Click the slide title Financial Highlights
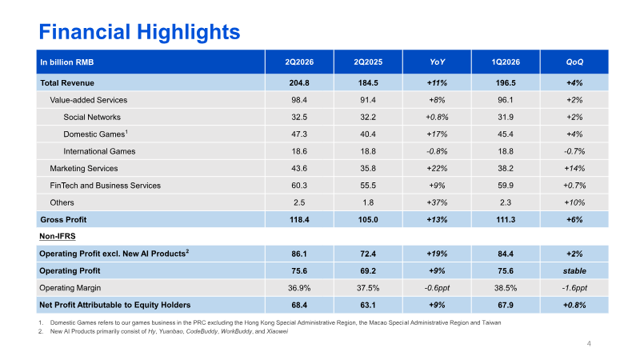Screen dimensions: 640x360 (x=139, y=32)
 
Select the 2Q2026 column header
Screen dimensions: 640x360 (x=299, y=62)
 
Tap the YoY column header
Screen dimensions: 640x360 (x=437, y=62)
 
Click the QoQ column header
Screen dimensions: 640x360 (x=574, y=62)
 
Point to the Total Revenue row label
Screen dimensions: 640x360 (x=67, y=83)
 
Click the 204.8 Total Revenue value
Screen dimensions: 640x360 (x=299, y=83)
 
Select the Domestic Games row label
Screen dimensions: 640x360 (x=95, y=134)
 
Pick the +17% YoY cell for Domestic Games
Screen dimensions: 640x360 (x=437, y=134)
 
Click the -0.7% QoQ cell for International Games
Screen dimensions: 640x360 (x=574, y=151)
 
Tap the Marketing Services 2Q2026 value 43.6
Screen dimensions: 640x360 (x=299, y=168)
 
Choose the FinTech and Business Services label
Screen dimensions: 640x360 (x=106, y=186)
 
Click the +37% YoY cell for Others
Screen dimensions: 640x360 (x=437, y=202)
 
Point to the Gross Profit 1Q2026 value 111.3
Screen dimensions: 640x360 (x=506, y=219)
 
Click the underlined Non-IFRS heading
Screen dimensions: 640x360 (x=57, y=236)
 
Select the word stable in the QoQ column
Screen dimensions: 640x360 (x=574, y=271)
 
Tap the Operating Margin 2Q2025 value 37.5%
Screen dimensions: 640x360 (x=368, y=288)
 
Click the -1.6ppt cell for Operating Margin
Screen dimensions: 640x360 (x=574, y=288)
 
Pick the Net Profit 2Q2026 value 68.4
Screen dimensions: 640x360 (x=299, y=305)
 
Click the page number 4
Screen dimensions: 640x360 (x=589, y=344)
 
